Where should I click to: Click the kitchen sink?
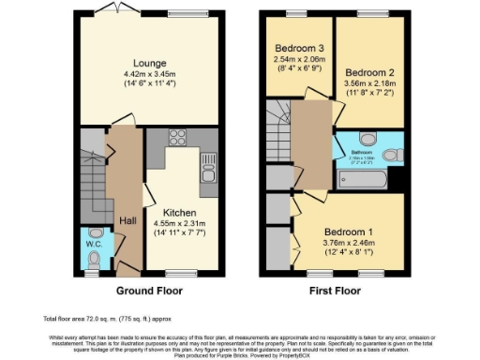[208, 172]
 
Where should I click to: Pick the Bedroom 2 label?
[367, 72]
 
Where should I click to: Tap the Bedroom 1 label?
[347, 232]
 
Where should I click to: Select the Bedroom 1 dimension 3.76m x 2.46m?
[347, 244]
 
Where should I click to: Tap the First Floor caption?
[336, 291]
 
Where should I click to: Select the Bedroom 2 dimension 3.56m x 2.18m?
[367, 83]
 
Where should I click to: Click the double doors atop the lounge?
[123, 12]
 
